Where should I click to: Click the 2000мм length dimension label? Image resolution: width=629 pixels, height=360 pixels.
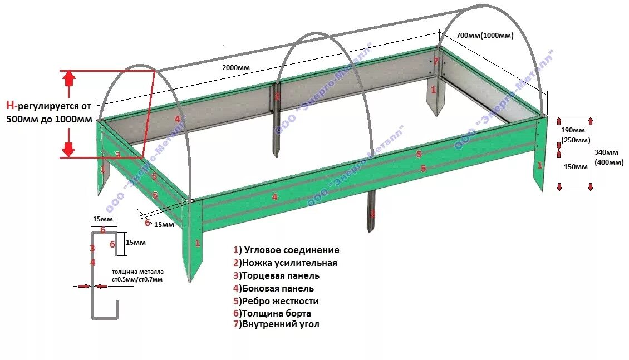[x=236, y=67]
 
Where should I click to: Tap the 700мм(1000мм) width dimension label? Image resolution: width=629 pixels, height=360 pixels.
[x=484, y=35]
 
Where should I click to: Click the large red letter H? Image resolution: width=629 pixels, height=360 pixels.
[x=10, y=105]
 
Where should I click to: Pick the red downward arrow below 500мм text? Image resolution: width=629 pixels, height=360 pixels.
[x=68, y=148]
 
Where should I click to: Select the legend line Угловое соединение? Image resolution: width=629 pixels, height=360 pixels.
[x=286, y=250]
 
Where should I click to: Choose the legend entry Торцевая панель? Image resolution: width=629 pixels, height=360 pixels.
[x=276, y=275]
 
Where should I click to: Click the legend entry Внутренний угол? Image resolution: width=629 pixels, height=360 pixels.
[x=276, y=324]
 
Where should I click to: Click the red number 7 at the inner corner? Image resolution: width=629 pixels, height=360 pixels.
[x=436, y=61]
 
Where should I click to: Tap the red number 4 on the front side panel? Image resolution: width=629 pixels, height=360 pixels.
[x=274, y=196]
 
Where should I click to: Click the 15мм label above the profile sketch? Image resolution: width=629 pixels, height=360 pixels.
[x=102, y=219]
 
